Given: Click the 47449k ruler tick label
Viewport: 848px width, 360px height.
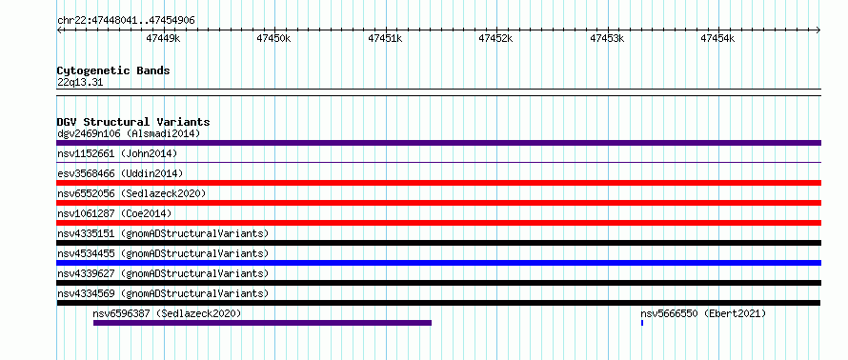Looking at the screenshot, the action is (163, 38).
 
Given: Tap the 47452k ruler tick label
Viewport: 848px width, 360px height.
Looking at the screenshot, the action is (495, 38).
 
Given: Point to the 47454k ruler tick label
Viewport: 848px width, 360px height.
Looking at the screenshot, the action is (717, 38).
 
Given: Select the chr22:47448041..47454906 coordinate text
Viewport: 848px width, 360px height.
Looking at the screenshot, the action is (126, 21).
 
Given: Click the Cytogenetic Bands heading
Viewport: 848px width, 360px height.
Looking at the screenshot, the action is (113, 70).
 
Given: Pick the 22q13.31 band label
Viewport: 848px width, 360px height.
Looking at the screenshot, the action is (80, 83).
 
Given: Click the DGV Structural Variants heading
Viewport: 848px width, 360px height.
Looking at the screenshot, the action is (133, 122).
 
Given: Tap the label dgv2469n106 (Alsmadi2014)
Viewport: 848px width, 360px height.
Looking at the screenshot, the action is (129, 133).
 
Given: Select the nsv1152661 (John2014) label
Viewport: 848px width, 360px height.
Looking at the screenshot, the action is (117, 153).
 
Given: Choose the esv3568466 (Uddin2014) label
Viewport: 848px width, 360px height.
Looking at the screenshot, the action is (120, 173).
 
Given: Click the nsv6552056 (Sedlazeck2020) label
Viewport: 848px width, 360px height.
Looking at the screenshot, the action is (131, 193).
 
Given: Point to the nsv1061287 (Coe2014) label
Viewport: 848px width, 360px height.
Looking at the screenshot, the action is (114, 213).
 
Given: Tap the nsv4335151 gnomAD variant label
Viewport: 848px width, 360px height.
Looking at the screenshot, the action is (163, 233).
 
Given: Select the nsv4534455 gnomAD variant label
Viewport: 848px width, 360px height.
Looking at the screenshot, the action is (163, 253).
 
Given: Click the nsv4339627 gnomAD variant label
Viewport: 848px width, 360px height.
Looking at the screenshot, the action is (163, 273).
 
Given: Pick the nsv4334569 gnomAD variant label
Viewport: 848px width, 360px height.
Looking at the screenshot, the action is (163, 293).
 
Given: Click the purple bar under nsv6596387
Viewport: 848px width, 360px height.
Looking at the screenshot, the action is (262, 323).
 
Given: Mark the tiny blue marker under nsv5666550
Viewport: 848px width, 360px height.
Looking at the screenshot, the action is (642, 323).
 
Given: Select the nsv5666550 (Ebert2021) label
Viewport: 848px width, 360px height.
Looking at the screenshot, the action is (703, 313).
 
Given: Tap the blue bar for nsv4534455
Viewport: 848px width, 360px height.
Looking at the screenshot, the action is (438, 263).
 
